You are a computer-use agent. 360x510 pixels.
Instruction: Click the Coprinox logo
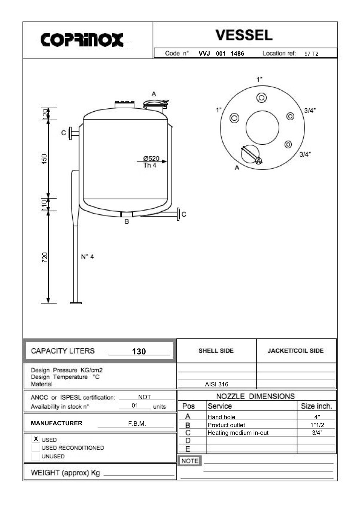pos(82,40)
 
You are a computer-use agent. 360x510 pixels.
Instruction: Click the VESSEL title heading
pos(244,35)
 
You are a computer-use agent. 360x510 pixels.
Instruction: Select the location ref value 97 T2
pos(311,54)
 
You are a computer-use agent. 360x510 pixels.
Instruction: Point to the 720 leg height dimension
pos(44,257)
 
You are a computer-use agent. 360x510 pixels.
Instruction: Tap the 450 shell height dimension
pos(44,159)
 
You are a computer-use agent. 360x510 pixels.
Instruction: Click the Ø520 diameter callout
pos(151,158)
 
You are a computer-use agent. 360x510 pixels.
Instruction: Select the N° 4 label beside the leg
pos(87,257)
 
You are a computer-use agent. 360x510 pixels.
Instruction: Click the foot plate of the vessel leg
pos(76,302)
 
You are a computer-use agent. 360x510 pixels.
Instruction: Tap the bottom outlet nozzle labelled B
pos(127,214)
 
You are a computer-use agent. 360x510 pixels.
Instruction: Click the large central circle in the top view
pos(262,128)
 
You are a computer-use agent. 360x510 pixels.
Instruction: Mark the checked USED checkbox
pos(36,439)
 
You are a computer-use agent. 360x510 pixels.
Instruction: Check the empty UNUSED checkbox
pos(36,457)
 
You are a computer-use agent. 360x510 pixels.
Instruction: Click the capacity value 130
pos(139,352)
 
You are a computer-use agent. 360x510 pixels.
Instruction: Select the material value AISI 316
pos(217,384)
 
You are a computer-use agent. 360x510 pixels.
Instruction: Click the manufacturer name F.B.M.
pos(137,423)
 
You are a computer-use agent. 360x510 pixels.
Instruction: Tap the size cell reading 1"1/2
pos(317,425)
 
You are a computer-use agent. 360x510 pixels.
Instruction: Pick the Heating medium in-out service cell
pos(238,433)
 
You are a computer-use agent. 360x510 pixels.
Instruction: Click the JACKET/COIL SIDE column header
pos(295,351)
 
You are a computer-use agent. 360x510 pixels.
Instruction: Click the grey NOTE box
pos(190,461)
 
